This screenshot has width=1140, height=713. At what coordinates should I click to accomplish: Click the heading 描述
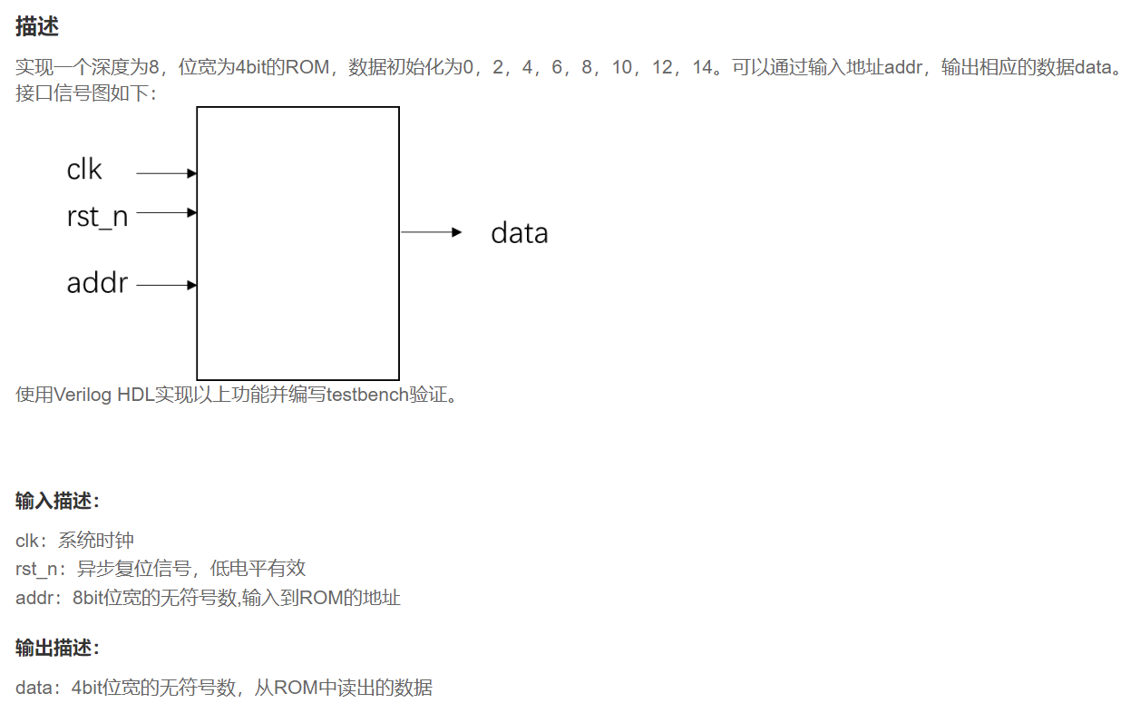point(37,26)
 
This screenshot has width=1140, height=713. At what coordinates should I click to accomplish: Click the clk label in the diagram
point(84,170)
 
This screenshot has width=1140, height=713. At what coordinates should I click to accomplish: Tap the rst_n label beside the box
point(97,217)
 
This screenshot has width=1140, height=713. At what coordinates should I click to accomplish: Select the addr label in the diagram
point(97,283)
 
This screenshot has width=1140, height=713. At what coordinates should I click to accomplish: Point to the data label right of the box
point(519,233)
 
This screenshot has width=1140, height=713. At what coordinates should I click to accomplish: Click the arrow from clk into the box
point(167,172)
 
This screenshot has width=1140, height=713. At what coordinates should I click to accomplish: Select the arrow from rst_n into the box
point(167,212)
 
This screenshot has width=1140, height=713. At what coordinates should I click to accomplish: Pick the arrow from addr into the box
point(167,285)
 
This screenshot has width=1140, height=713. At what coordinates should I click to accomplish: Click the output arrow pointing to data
point(432,232)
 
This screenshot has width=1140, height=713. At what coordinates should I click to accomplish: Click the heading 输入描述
point(57,501)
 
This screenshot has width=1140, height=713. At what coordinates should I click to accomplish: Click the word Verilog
point(83,396)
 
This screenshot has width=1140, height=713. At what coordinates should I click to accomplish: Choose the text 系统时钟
point(96,541)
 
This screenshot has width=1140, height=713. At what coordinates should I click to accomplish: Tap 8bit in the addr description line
point(90,598)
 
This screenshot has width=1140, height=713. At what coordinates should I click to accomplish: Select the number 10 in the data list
point(621,68)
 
